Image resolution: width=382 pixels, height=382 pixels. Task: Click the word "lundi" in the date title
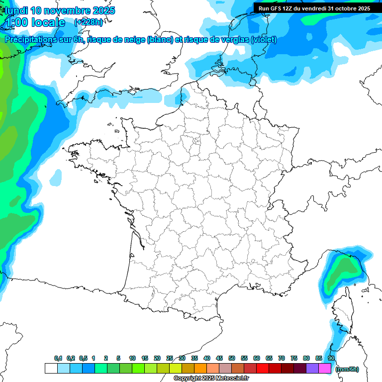16,10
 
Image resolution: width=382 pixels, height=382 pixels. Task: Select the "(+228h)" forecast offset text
89,22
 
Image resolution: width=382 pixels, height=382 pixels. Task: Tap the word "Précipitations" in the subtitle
30,40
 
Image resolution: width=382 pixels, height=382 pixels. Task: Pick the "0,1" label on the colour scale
58,358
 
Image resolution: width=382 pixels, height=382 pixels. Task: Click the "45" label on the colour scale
219,358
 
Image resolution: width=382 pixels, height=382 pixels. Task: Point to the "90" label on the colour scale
331,358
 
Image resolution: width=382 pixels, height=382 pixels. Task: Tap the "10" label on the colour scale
132,358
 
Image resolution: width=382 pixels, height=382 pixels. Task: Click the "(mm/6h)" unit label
347,369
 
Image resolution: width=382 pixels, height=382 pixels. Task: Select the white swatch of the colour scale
51,368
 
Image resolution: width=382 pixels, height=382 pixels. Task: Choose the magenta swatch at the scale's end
325,368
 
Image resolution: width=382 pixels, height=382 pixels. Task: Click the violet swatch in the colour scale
312,368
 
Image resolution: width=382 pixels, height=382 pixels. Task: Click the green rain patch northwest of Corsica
342,271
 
